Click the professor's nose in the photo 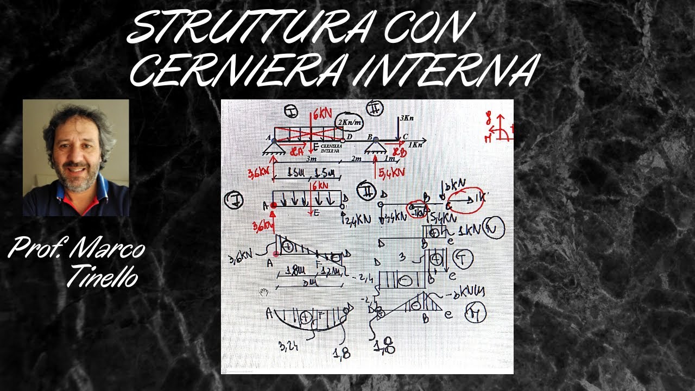75,157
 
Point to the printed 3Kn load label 407,117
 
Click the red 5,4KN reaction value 391,173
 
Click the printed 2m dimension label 356,158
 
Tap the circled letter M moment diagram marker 475,313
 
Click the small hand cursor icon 264,293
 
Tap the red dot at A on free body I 274,205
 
